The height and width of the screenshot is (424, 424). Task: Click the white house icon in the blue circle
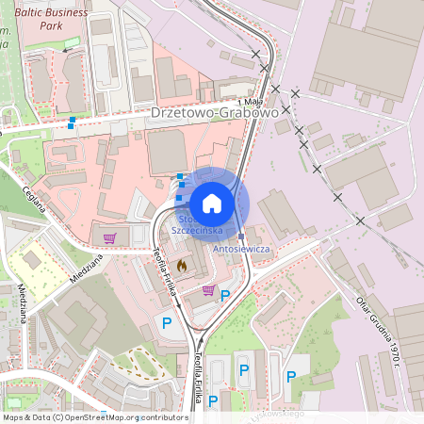point(212,204)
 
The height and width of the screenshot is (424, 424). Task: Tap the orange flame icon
point(182,265)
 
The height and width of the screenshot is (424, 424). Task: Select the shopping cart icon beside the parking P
point(208,289)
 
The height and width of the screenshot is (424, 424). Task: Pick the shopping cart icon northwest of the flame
point(110,238)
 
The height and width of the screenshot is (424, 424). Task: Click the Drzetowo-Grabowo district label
point(215,113)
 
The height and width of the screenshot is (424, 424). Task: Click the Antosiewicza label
point(242,248)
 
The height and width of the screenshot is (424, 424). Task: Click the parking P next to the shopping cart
point(224,296)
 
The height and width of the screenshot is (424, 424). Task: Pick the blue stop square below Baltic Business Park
point(72,121)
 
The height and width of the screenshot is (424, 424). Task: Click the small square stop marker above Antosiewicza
point(242,236)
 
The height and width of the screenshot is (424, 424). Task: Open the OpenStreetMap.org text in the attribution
point(100,416)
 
